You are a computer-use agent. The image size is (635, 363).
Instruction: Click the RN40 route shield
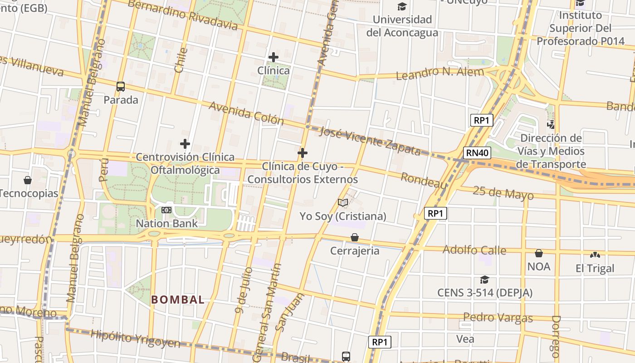(477, 153)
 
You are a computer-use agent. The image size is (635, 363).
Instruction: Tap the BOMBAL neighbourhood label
(178, 299)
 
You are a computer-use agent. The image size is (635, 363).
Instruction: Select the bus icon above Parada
(121, 86)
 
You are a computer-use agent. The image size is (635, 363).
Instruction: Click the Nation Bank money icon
(166, 210)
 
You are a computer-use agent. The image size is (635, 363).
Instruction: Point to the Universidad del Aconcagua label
(402, 26)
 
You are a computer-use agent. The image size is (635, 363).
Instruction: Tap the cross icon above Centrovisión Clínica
(185, 144)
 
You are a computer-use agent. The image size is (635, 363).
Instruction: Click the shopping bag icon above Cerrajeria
(355, 237)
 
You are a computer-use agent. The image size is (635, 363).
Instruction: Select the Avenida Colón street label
(246, 113)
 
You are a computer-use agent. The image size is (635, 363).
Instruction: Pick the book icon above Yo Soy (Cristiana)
(343, 202)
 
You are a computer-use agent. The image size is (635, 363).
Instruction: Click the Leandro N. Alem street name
(440, 73)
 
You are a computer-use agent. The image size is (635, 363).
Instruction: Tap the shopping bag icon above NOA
(539, 253)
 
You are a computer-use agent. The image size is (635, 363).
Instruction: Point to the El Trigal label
(595, 268)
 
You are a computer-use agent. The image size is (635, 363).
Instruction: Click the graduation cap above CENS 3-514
(484, 280)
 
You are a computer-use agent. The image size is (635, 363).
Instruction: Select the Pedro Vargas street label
(498, 317)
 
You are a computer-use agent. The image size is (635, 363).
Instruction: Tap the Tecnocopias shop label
(29, 193)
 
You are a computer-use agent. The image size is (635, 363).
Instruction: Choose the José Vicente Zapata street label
(370, 140)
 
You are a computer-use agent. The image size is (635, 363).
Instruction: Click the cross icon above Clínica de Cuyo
(303, 153)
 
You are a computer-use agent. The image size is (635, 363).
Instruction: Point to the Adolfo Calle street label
(474, 250)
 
